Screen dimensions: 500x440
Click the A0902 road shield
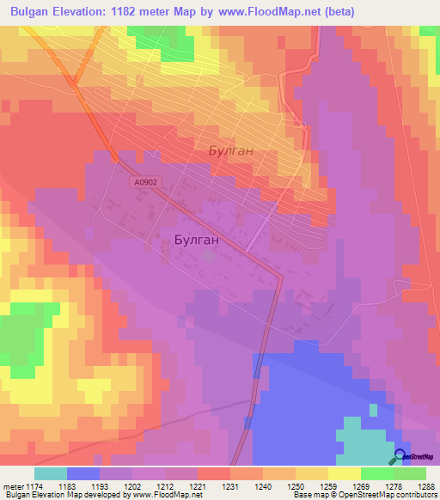coord(146,183)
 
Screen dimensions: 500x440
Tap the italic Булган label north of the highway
coord(231,150)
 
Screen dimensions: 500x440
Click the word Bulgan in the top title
coord(33,11)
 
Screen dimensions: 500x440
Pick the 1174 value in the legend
coord(34,487)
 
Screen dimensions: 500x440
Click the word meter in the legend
coord(11,487)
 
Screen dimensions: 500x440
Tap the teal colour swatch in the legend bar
coord(50,473)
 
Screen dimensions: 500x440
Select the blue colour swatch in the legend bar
coord(82,473)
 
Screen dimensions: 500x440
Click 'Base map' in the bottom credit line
coord(309,496)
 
